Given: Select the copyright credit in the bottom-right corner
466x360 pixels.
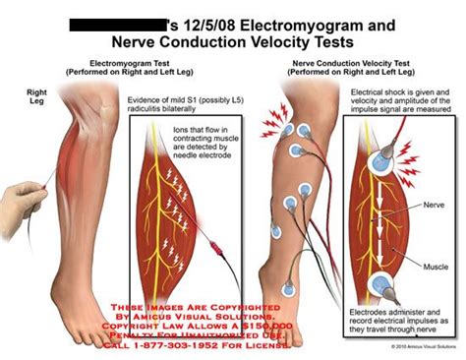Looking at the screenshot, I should [421, 347].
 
